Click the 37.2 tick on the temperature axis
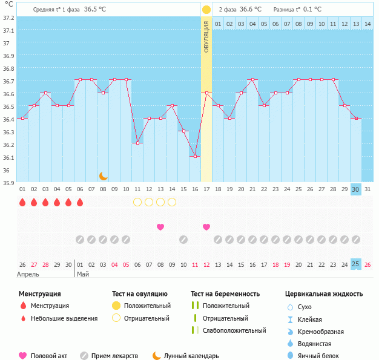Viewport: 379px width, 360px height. point(8,18)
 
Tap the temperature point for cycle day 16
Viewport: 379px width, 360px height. point(195,157)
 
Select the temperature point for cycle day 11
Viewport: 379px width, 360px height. point(137,143)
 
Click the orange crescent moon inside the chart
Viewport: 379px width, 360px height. point(104,175)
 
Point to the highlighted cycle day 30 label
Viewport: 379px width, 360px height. point(356,189)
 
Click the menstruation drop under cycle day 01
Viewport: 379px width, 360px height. point(22,202)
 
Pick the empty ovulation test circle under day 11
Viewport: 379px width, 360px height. point(137,202)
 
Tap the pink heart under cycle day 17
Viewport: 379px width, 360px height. point(206,227)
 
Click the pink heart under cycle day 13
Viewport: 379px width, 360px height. point(160,227)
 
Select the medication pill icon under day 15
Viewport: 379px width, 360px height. point(183,240)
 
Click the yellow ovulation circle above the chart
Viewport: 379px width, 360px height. point(206,10)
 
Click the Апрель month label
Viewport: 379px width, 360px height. point(28,274)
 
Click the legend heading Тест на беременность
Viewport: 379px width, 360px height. point(225,294)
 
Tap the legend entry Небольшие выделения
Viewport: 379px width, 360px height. point(64,318)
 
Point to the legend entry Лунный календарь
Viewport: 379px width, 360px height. point(191,356)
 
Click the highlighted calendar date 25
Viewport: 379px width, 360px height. point(356,264)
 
